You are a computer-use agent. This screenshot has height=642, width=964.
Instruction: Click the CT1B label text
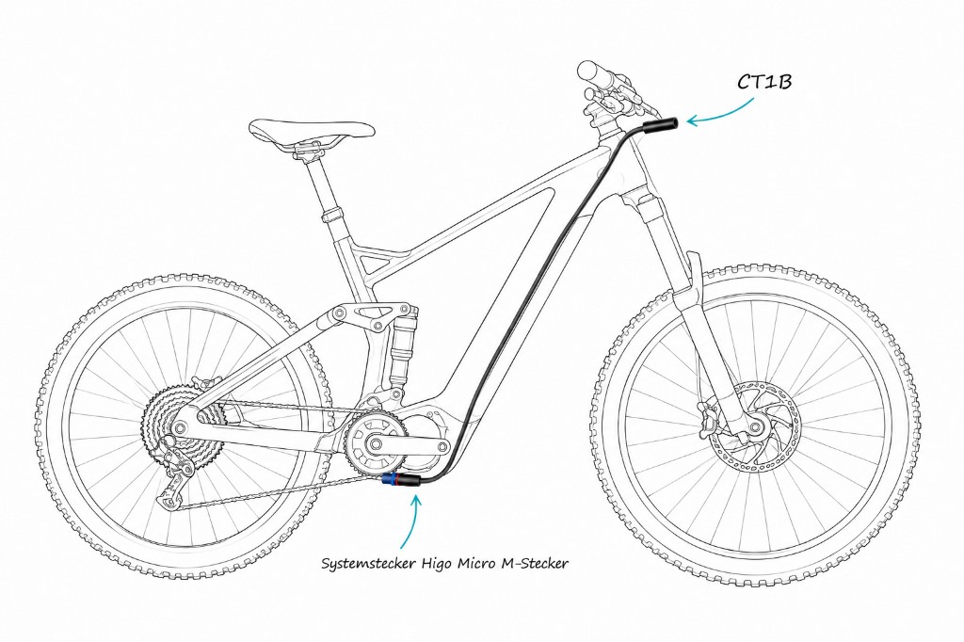[x=764, y=82]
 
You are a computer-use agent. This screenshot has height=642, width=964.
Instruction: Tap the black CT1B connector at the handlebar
[x=660, y=126]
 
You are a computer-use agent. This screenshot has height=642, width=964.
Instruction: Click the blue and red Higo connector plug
[x=400, y=480]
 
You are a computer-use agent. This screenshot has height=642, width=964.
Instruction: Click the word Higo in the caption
[x=436, y=563]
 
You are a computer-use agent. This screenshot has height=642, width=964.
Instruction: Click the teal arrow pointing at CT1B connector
[x=718, y=115]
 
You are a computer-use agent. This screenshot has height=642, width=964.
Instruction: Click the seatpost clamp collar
[x=331, y=216]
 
